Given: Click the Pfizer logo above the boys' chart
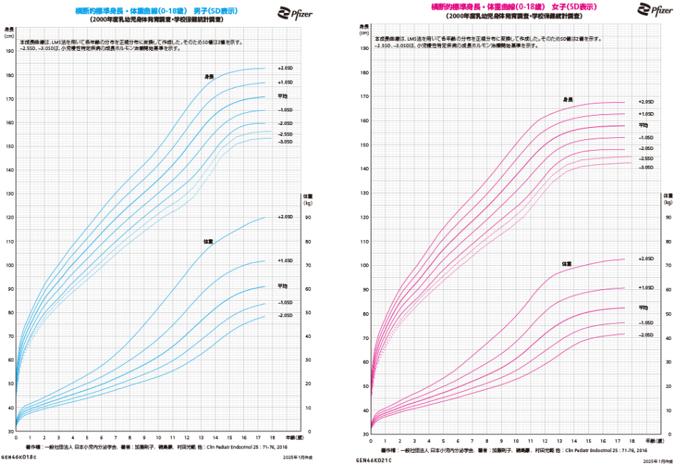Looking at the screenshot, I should click(294, 11).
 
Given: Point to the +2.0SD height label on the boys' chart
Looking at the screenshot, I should click(285, 68).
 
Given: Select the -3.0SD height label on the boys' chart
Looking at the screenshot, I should click(285, 141).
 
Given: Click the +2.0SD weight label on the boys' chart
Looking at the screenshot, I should click(285, 216).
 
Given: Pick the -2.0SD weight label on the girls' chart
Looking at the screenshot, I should click(645, 334).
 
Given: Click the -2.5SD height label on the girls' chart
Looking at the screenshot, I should click(645, 158).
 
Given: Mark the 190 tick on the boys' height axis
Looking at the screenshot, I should click(9, 51).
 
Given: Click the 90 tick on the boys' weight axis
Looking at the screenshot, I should click(307, 217).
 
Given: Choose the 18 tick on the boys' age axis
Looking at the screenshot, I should click(272, 437).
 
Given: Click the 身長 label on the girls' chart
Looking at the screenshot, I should click(568, 99).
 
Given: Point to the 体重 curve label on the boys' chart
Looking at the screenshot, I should click(208, 241).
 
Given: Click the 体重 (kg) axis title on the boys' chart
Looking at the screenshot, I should click(308, 199).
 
